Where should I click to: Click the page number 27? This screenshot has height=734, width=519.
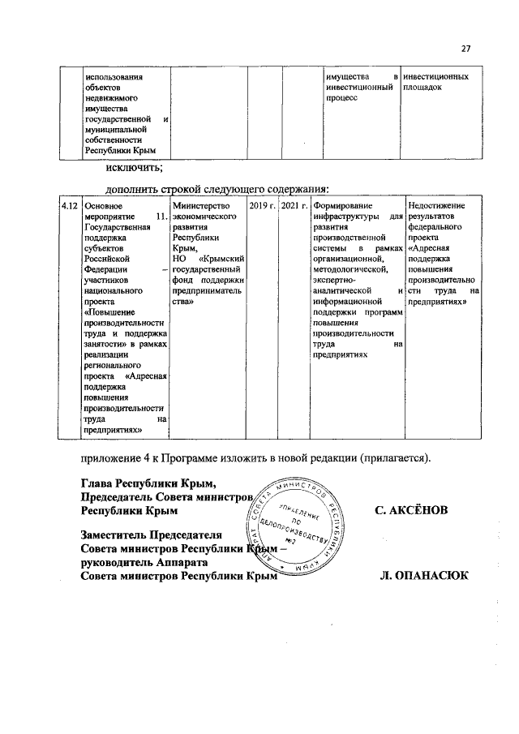coord(466,45)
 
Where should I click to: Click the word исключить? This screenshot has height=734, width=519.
coord(133,168)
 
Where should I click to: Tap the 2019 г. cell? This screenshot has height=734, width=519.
coord(262,207)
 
